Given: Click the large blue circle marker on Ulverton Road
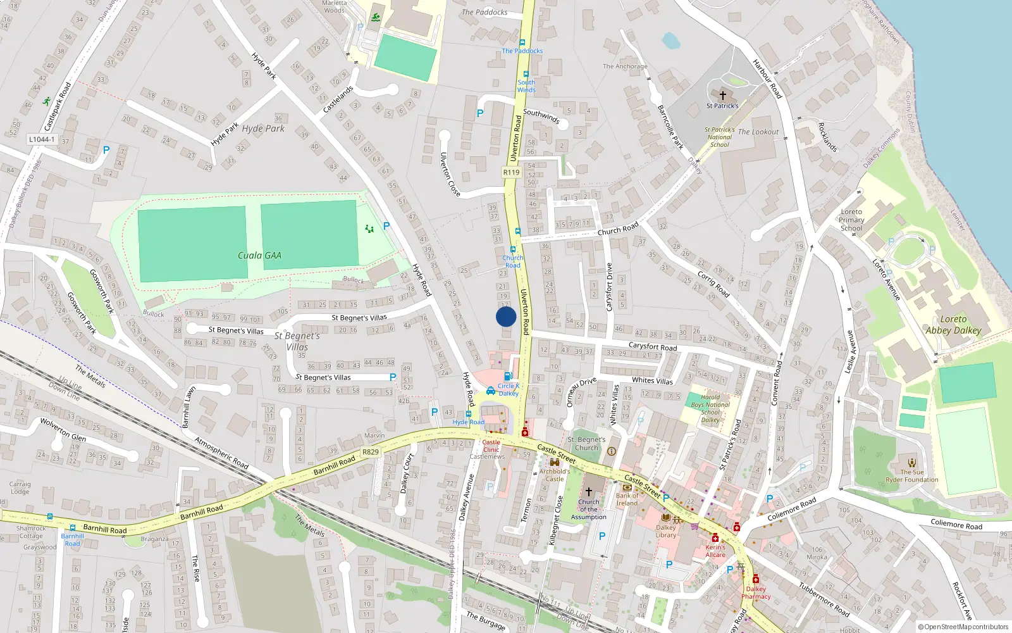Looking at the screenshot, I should tap(506, 316).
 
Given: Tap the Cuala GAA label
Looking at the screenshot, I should tap(259, 256).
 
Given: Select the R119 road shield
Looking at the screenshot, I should tap(511, 172).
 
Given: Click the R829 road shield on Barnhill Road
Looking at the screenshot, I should tap(371, 452).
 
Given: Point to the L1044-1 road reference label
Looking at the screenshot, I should tap(42, 139).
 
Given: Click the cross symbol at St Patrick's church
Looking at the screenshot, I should tap(722, 96).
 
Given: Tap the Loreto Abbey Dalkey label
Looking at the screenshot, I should tap(953, 325).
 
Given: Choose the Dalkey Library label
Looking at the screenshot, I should tap(665, 531).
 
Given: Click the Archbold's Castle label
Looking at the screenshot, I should tap(554, 475).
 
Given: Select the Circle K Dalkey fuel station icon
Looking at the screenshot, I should tap(507, 375).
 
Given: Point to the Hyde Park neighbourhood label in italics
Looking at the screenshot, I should tap(263, 128).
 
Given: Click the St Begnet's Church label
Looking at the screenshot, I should tap(586, 443).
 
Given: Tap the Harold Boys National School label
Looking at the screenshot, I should tap(710, 408).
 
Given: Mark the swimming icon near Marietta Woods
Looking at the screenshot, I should tap(376, 17).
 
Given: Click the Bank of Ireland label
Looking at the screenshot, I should tap(627, 499).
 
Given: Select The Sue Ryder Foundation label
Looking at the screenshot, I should tap(911, 475).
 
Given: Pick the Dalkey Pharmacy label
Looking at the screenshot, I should tap(756, 592).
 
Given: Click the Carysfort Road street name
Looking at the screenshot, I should tap(653, 347).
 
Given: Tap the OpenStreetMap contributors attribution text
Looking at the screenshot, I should tap(963, 627).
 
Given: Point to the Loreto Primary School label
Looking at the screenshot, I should tap(851, 220).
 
